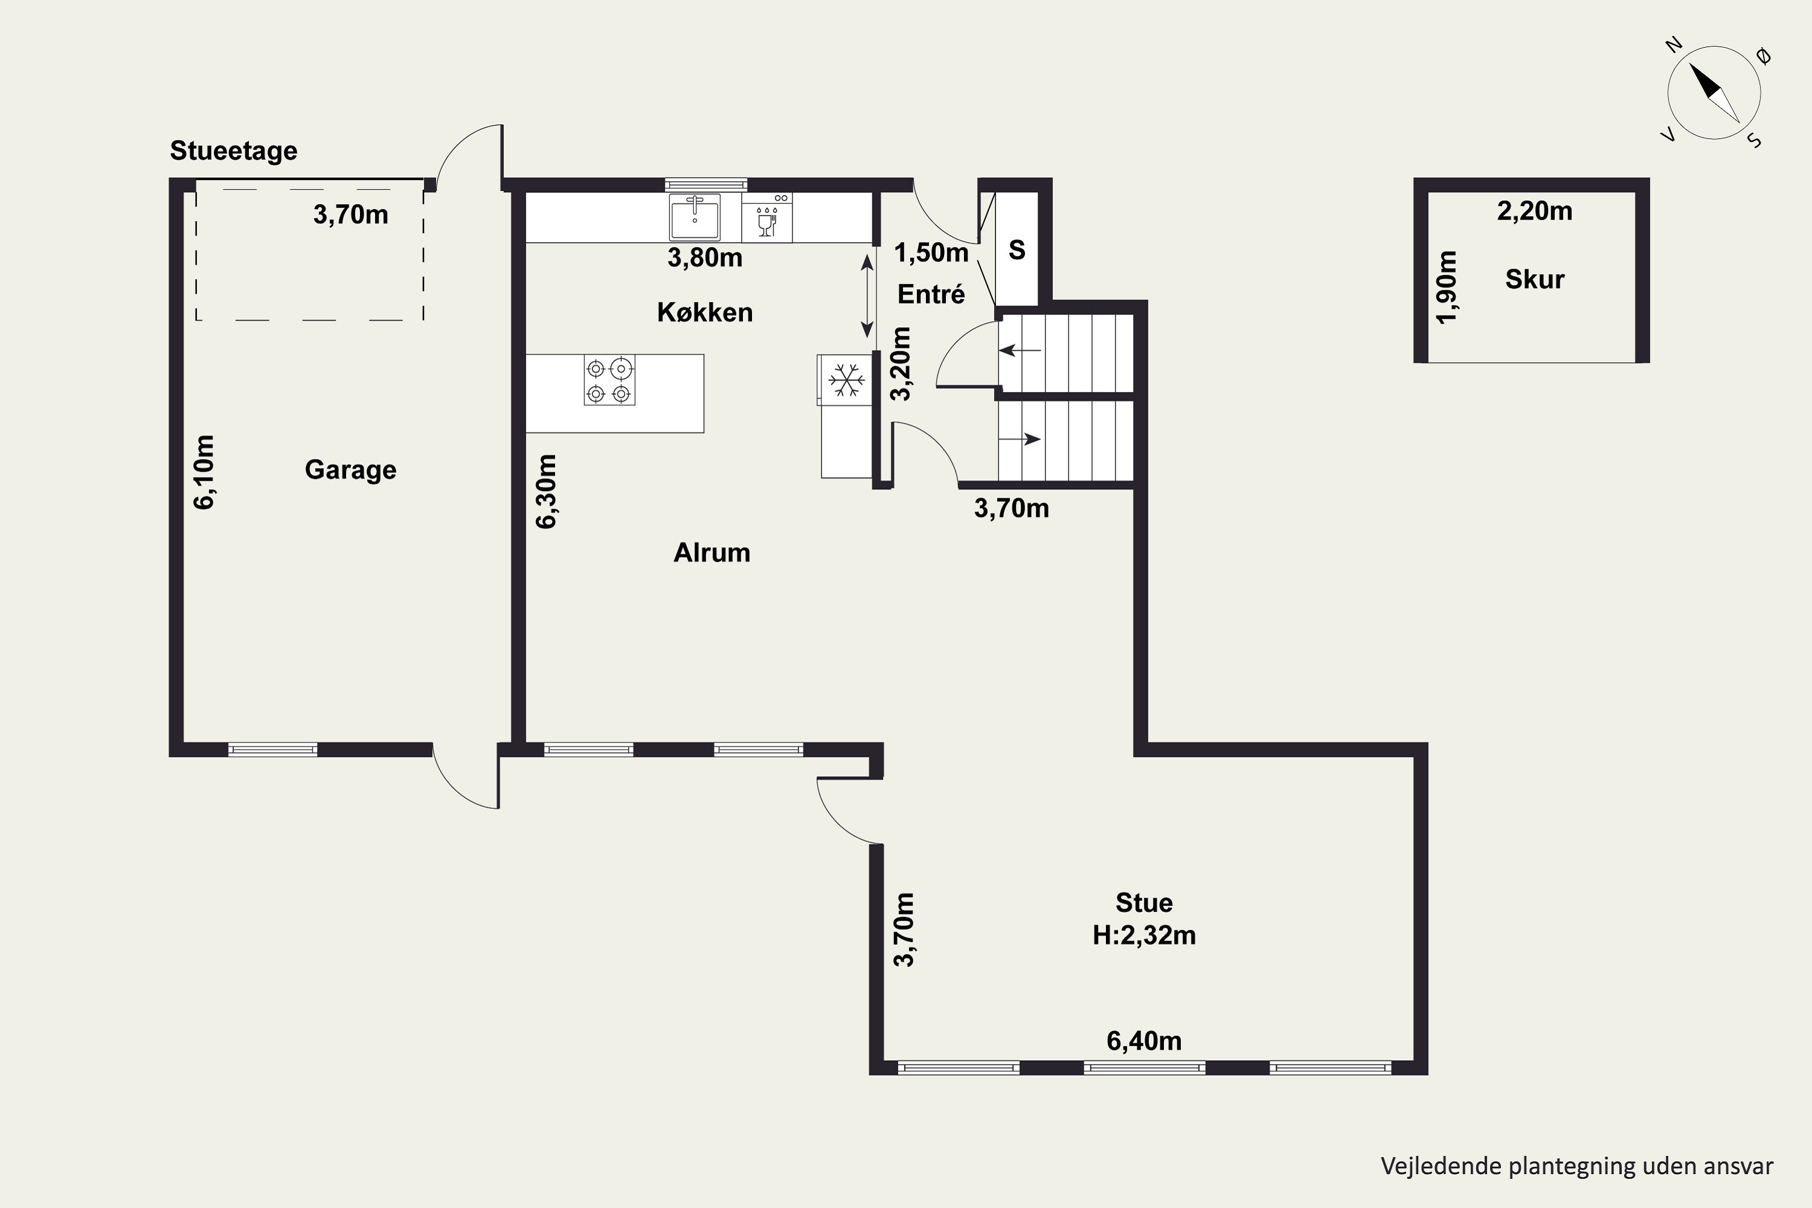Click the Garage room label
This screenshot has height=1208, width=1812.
pyautogui.click(x=350, y=469)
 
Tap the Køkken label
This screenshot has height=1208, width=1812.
pyautogui.click(x=705, y=312)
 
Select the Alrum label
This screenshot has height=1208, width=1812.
pyautogui.click(x=712, y=553)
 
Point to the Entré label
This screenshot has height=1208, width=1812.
pyautogui.click(x=931, y=294)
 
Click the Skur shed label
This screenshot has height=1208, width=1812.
pyautogui.click(x=1535, y=279)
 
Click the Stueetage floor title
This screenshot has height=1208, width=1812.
pyautogui.click(x=233, y=150)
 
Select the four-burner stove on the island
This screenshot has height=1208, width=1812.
pyautogui.click(x=609, y=380)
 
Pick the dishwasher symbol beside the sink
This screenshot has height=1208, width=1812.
pyautogui.click(x=767, y=217)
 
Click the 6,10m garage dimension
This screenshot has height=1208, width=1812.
pyautogui.click(x=204, y=472)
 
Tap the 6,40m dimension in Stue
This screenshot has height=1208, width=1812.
pyautogui.click(x=1144, y=1041)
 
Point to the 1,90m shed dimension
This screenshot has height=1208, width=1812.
pyautogui.click(x=1448, y=288)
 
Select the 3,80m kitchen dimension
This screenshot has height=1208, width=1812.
pyautogui.click(x=705, y=257)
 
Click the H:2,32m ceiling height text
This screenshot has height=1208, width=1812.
pyautogui.click(x=1144, y=934)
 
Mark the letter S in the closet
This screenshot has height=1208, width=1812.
pyautogui.click(x=1017, y=249)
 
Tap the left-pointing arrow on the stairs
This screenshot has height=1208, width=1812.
pyautogui.click(x=1020, y=350)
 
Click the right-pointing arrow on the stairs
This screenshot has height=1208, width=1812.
pyautogui.click(x=1020, y=440)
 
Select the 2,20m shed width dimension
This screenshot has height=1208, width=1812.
pyautogui.click(x=1535, y=210)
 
